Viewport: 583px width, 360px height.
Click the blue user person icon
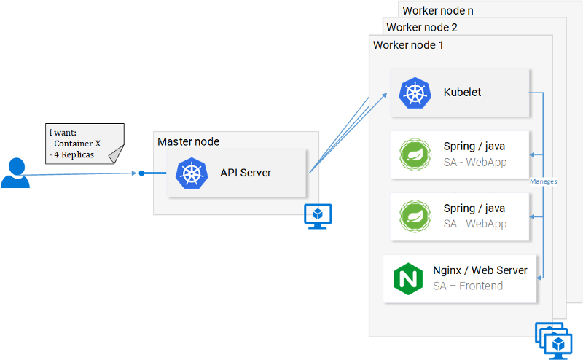(x=15, y=173)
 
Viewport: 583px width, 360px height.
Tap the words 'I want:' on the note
(x=61, y=133)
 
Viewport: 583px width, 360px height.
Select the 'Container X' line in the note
(x=76, y=144)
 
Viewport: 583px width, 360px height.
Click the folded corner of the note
(x=116, y=154)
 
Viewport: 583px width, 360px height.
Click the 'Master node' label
(x=188, y=141)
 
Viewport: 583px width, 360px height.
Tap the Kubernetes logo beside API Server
(x=192, y=173)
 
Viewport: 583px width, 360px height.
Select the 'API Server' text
(x=246, y=173)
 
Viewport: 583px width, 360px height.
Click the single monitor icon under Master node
(x=318, y=216)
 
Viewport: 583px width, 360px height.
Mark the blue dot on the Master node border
(x=142, y=173)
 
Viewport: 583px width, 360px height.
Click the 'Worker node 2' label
(x=422, y=28)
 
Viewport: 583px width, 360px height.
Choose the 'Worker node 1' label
(x=408, y=45)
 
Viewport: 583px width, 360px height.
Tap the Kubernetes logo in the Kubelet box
(x=415, y=93)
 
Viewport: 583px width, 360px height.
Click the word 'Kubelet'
(x=462, y=93)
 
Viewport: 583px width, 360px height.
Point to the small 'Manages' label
(x=544, y=181)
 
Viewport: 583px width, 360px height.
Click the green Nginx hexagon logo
(x=408, y=278)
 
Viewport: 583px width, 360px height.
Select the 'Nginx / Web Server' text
(x=480, y=270)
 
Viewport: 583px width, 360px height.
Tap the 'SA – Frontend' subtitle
(x=468, y=286)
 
